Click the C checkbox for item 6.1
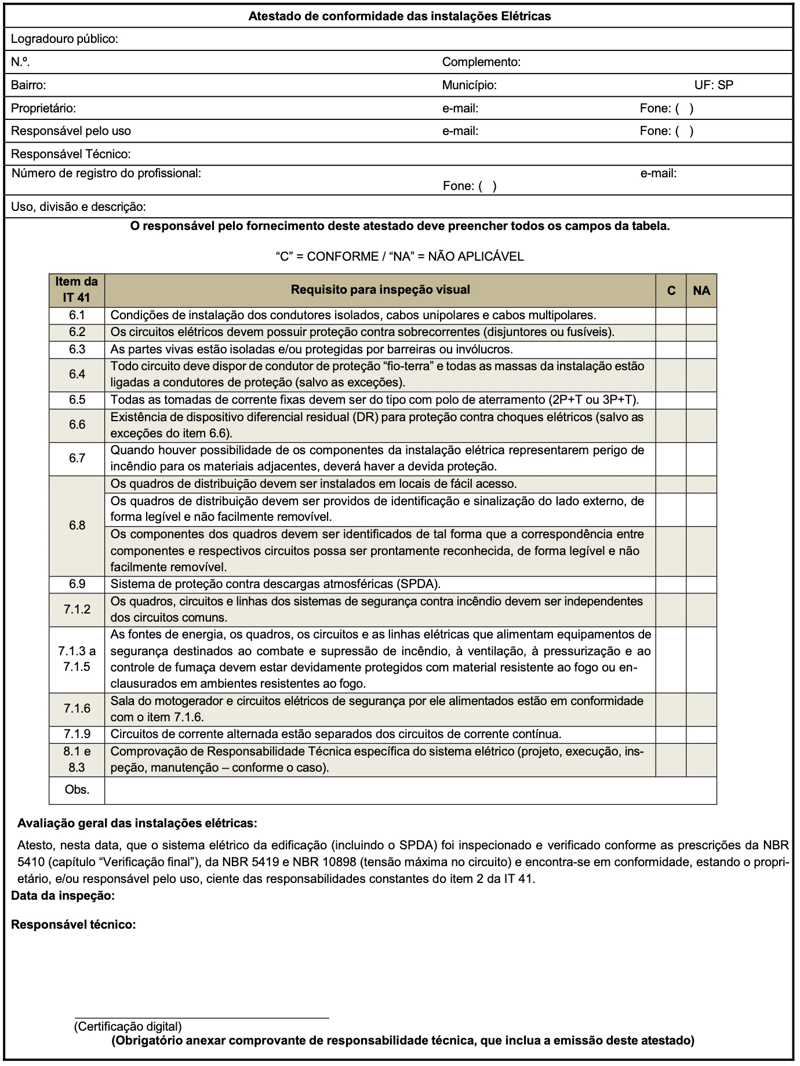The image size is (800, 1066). pos(671,316)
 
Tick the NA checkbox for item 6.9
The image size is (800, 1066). pos(701,584)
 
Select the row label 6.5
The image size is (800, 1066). pos(77,400)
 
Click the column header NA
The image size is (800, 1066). pos(701,290)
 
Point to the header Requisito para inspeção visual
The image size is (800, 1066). pos(380,290)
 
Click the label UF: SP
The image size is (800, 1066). pos(714,85)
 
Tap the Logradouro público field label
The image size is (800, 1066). pos(64,39)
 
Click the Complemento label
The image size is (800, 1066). pos(481,62)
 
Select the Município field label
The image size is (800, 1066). pos(469,85)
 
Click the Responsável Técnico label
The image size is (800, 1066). pos(71,154)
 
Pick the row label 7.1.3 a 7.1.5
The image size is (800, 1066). pos(77,659)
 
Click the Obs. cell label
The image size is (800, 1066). pos(77,790)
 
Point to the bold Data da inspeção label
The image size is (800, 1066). pos(63,896)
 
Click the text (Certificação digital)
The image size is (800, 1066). pos(128,1027)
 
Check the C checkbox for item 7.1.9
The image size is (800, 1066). pos(671,734)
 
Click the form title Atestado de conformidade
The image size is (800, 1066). pos(399,16)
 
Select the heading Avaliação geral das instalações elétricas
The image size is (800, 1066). pos(137,823)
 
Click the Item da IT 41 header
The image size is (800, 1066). pos(77,290)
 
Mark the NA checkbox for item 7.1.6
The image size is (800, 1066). pos(701,709)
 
